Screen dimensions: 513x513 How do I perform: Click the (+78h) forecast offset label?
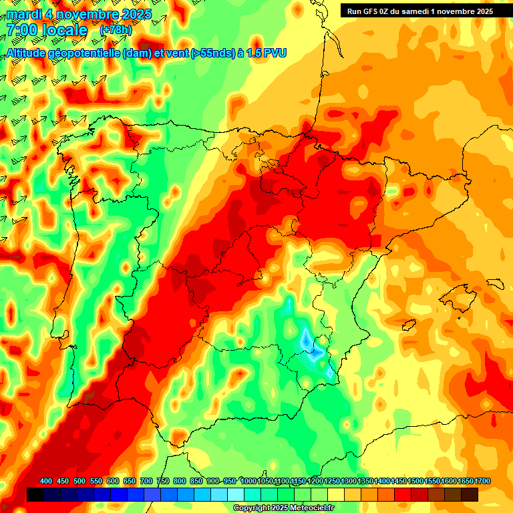(x=116, y=30)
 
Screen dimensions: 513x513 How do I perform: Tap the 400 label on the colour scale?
(x=46, y=481)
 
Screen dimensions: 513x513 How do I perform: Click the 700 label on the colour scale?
(x=146, y=481)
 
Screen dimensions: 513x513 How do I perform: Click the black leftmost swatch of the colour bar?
(x=35, y=494)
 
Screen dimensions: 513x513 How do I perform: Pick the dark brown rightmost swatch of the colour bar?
(x=470, y=494)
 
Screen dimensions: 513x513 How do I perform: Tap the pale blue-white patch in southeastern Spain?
(x=309, y=342)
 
